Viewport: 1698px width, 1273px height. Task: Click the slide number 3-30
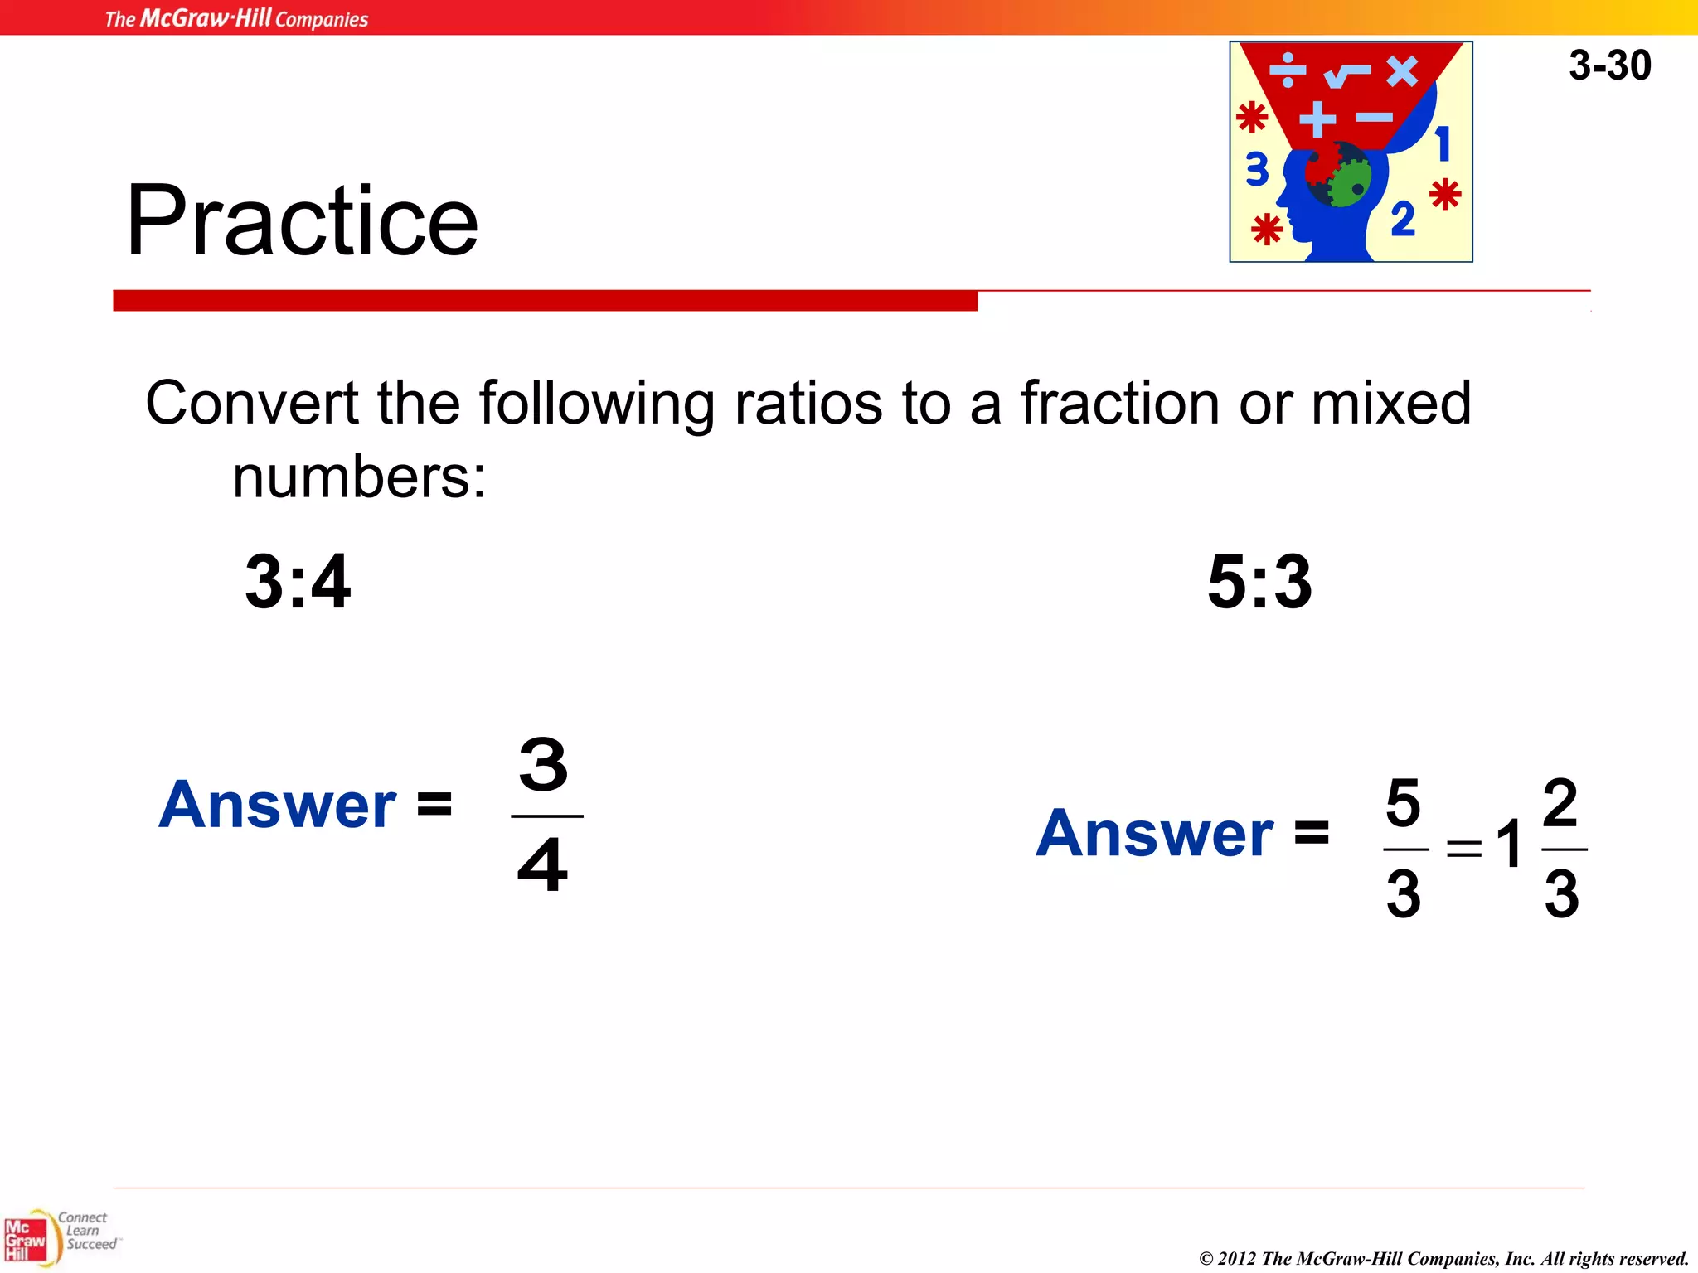coord(1609,65)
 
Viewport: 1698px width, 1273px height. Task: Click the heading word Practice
coord(302,220)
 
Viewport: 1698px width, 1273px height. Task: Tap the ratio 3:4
coord(298,582)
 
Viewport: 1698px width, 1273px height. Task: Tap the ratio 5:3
coord(1259,582)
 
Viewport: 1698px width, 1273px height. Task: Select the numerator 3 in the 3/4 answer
coord(544,765)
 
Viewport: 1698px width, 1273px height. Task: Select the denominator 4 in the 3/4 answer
coord(543,865)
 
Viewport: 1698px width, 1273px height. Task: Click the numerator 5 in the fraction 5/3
coord(1403,803)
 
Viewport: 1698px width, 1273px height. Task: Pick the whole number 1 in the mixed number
coord(1510,845)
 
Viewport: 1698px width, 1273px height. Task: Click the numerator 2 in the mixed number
coord(1560,802)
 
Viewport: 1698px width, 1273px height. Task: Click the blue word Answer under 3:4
coord(278,805)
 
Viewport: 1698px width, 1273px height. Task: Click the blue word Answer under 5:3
coord(1154,834)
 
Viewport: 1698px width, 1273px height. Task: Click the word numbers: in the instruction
coord(359,478)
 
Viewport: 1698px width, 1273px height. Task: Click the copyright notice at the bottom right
coord(1443,1258)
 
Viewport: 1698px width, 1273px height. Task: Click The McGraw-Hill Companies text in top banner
coord(236,18)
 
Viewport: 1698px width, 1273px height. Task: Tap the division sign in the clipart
coord(1288,71)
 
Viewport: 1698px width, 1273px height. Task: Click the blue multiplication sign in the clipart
coord(1402,71)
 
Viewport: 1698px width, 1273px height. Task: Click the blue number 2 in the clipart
coord(1402,219)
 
